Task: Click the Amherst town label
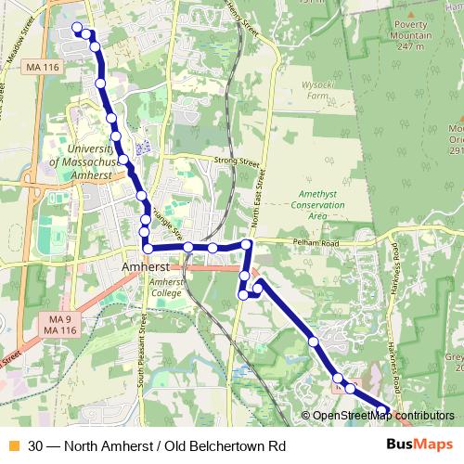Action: (145, 266)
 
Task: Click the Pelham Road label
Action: (320, 244)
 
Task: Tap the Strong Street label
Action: (238, 161)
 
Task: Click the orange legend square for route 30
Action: (12, 445)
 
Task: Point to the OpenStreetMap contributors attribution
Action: (378, 416)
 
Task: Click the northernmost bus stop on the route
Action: (77, 27)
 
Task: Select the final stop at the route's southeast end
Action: (385, 408)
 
